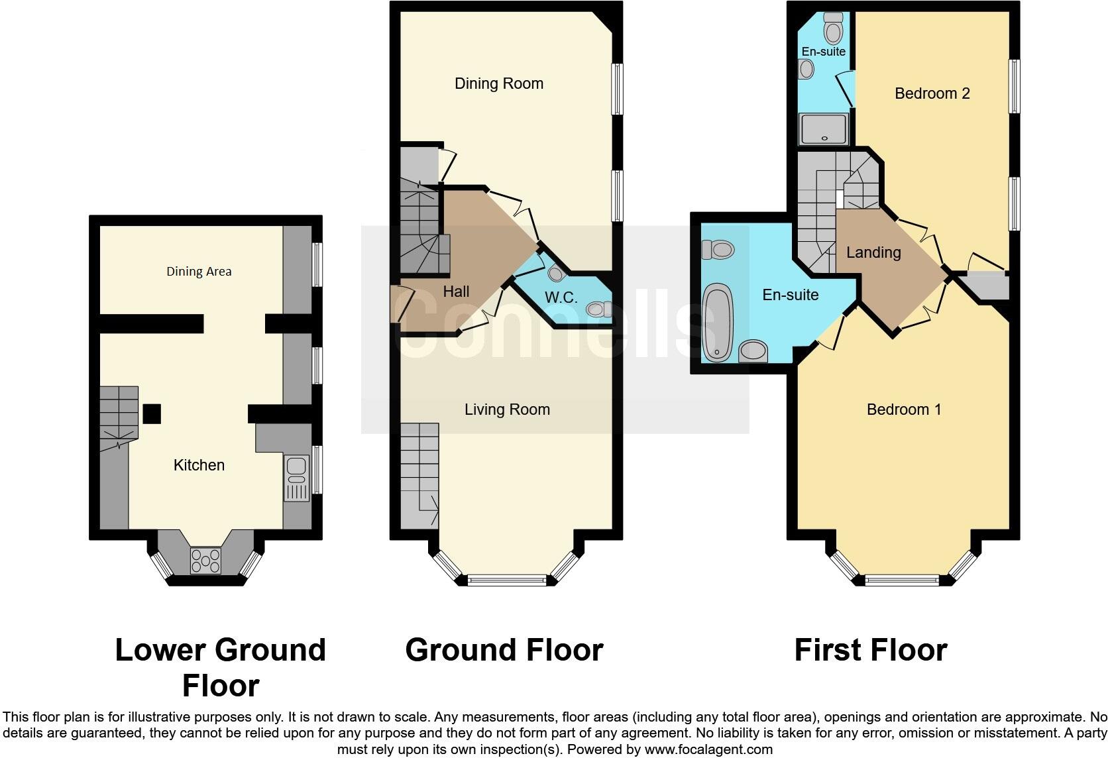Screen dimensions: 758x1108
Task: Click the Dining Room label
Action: [x=498, y=83]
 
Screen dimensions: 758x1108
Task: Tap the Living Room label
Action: [x=507, y=409]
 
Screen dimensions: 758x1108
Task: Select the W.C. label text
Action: [x=561, y=298]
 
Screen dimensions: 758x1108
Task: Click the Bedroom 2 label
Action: [x=932, y=93]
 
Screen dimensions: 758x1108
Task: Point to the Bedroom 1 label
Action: [x=903, y=409]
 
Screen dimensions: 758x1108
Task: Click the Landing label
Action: [x=873, y=252]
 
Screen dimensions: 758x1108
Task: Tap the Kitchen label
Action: [x=199, y=465]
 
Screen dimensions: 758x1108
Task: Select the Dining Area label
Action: [x=199, y=271]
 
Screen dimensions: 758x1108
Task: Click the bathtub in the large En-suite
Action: [x=716, y=323]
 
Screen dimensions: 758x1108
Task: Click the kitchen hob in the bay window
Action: [x=205, y=561]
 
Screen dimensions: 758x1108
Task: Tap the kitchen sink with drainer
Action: [x=296, y=478]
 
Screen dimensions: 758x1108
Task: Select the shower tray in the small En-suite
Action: [x=824, y=129]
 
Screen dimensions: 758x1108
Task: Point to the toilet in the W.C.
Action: [x=598, y=309]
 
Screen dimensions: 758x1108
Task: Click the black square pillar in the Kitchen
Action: [x=152, y=413]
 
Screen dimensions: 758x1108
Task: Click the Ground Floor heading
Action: [x=504, y=650]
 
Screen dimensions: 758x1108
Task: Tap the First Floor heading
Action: [x=870, y=650]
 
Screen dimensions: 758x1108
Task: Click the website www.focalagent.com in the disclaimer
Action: [x=708, y=750]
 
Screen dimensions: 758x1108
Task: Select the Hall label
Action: [x=456, y=292]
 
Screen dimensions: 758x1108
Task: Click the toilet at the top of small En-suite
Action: [x=832, y=28]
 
